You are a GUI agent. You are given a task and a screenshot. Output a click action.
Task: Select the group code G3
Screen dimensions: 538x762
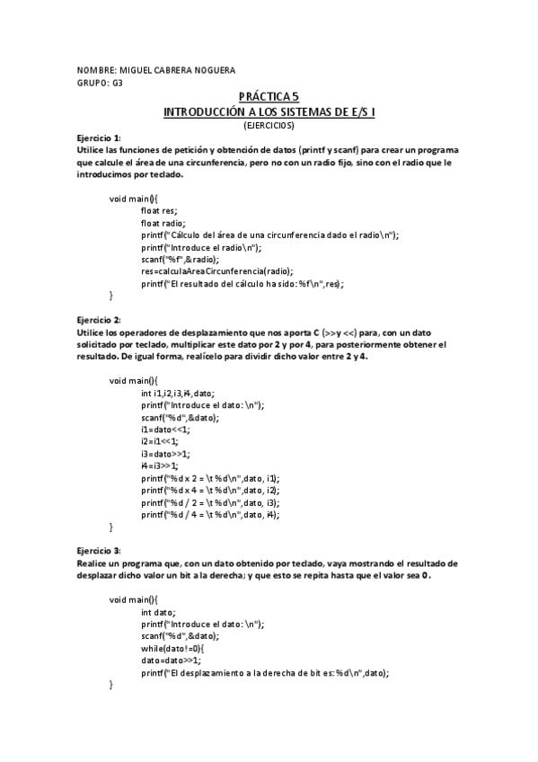tap(118, 82)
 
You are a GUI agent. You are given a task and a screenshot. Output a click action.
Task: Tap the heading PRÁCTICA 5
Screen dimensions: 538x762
tap(269, 96)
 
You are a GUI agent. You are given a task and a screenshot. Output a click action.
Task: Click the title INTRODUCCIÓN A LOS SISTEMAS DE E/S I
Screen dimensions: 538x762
tap(269, 111)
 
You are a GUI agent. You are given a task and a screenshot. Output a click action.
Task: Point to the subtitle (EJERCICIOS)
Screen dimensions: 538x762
tap(269, 125)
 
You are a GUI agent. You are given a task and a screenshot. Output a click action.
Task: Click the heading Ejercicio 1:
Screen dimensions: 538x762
tap(99, 137)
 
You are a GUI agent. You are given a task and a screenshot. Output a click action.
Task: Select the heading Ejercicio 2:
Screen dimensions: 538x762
tap(99, 320)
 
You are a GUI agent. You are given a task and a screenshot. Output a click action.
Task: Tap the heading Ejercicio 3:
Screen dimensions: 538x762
tap(99, 551)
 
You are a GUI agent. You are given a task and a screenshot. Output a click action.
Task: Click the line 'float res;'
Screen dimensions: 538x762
tap(159, 209)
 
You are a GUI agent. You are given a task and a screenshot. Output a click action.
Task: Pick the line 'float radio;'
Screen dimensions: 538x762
tap(163, 222)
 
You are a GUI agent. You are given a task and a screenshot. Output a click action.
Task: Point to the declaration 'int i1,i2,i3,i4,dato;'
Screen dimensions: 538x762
tap(177, 393)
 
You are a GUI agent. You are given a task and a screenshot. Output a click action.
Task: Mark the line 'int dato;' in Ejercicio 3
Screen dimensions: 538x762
tap(157, 612)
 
